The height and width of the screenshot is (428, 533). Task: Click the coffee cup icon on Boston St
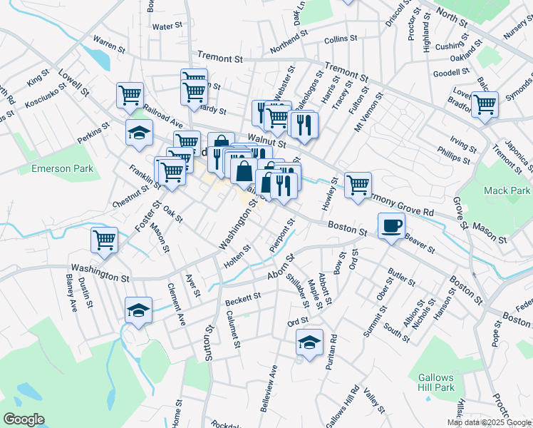tap(390, 226)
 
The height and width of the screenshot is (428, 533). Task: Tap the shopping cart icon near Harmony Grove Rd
tap(358, 185)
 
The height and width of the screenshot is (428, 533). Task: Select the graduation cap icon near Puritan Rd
tap(309, 342)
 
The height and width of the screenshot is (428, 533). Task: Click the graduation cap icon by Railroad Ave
tap(139, 132)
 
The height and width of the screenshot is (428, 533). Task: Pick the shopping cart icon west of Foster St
tap(104, 240)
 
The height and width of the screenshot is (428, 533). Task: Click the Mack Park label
tap(507, 190)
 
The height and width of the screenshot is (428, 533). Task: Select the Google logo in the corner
tap(23, 419)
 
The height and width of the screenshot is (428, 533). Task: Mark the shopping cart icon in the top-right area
tap(485, 104)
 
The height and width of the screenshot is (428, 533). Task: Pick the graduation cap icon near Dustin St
tap(138, 310)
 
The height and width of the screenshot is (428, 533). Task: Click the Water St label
tap(168, 26)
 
